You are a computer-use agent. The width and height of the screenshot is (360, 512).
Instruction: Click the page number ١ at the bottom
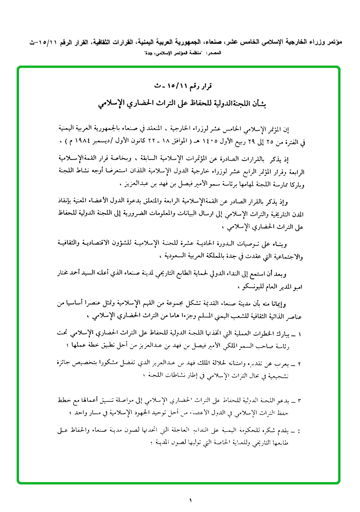coord(189,500)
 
